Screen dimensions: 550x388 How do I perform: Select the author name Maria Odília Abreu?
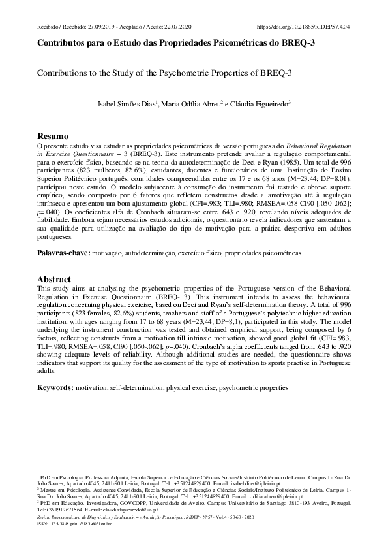[195, 103]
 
